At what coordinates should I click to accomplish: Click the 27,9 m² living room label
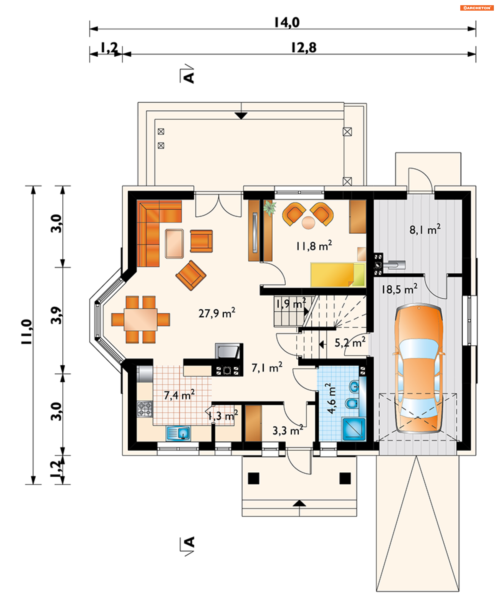tap(217, 312)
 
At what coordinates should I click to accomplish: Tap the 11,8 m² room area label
tap(314, 246)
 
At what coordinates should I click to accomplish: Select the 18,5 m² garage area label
tap(399, 289)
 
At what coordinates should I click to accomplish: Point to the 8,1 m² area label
tap(425, 229)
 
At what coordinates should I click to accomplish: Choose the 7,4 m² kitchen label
tap(179, 395)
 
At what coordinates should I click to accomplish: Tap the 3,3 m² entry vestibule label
tap(288, 430)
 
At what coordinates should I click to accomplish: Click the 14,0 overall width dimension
tap(287, 22)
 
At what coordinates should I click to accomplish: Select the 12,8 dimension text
tap(304, 48)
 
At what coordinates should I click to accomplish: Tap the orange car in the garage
tap(419, 369)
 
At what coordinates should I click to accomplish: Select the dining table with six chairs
tap(141, 319)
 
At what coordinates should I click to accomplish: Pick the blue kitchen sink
tap(178, 433)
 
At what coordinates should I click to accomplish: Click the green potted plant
tap(270, 208)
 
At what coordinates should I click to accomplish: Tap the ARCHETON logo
tap(477, 8)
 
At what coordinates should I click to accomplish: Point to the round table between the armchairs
tap(308, 223)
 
